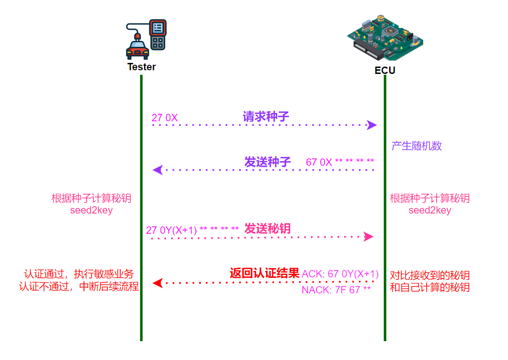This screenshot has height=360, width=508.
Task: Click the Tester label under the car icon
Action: [141, 67]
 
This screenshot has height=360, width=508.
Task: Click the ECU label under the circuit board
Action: [385, 71]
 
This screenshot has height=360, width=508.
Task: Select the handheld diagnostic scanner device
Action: [158, 34]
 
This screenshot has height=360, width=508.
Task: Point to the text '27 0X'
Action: [164, 118]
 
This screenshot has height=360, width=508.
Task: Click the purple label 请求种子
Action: [266, 117]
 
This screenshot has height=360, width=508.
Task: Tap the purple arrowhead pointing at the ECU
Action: [372, 125]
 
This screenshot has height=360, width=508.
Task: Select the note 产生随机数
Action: [416, 146]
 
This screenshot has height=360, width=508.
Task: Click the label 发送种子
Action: [268, 162]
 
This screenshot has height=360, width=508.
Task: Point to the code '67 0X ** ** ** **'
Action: [340, 162]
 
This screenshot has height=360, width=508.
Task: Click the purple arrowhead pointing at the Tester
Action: [157, 170]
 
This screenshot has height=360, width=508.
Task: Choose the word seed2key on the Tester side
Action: [91, 211]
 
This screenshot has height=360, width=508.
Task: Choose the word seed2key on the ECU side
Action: [430, 210]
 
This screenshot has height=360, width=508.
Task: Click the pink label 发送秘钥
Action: [268, 229]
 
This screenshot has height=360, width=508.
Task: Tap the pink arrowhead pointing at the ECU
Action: [368, 237]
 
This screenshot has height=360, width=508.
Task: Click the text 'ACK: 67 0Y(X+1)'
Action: [340, 274]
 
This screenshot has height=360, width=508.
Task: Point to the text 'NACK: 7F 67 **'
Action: [336, 290]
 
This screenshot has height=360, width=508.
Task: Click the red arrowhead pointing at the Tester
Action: [157, 283]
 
